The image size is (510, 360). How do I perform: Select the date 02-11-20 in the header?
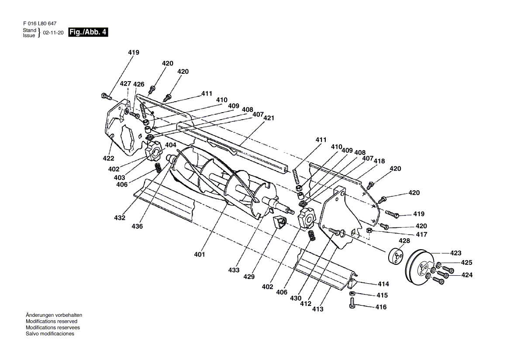point(53,33)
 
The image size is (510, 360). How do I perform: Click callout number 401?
point(200,254)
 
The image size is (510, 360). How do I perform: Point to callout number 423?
point(455,253)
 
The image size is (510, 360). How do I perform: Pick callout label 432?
point(120,218)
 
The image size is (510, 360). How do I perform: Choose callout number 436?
point(137,226)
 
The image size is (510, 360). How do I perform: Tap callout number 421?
point(269,118)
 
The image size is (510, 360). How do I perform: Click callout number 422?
point(108,158)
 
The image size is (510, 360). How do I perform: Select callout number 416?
point(381,307)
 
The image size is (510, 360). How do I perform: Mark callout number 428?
point(404,240)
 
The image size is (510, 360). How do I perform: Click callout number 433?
point(234,270)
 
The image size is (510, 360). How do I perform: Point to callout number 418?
point(379,161)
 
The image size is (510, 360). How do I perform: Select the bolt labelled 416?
point(353,304)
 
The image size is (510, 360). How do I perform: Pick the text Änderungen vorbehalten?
point(54,315)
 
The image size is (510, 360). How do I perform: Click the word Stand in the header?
point(29,30)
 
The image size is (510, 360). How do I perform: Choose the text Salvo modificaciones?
point(50,334)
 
